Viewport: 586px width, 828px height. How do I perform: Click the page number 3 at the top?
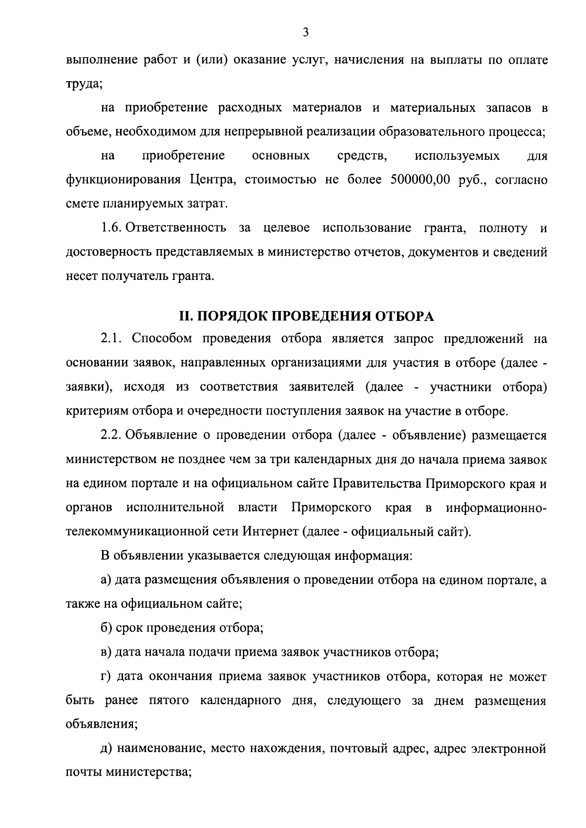point(305,33)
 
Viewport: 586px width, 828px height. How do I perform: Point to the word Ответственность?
point(176,228)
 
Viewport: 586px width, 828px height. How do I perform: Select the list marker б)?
point(106,628)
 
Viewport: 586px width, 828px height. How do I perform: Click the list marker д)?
point(106,749)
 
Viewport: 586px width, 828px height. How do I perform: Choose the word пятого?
point(168,701)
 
